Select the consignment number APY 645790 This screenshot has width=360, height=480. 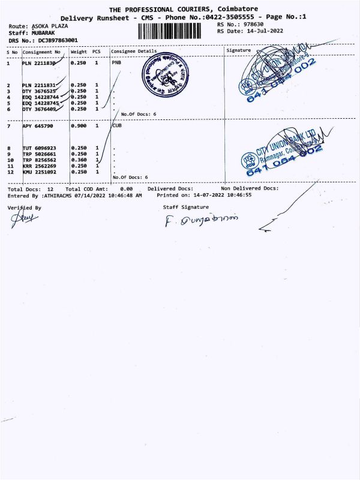pyautogui.click(x=39, y=126)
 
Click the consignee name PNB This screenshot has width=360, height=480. pyautogui.click(x=116, y=62)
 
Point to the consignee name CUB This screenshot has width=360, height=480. pyautogui.click(x=116, y=126)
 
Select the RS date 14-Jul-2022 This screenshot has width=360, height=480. pyautogui.click(x=263, y=31)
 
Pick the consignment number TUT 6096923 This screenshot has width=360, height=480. pyautogui.click(x=39, y=148)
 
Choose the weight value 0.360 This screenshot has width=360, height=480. pyautogui.click(x=79, y=160)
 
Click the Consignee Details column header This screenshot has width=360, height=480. pyautogui.click(x=133, y=52)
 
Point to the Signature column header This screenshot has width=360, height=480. pyautogui.click(x=239, y=51)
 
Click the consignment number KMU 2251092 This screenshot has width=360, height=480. pyautogui.click(x=39, y=172)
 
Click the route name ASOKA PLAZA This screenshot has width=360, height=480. pyautogui.click(x=53, y=27)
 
